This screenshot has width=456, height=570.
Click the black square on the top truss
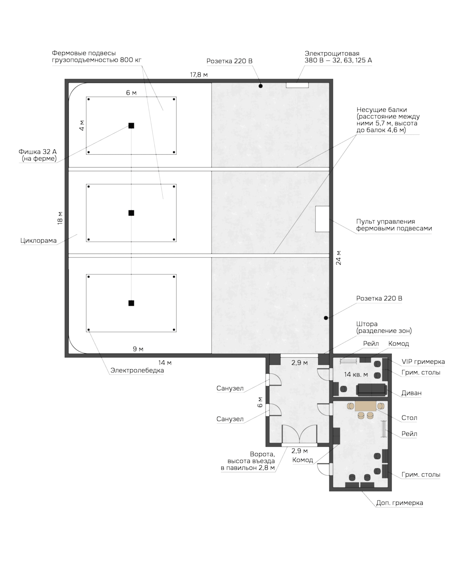(x=131, y=126)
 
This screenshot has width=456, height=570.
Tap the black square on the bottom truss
(x=131, y=303)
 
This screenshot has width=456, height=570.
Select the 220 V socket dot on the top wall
(x=260, y=86)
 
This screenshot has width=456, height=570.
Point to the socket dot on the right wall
(x=326, y=318)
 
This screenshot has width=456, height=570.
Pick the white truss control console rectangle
(x=322, y=219)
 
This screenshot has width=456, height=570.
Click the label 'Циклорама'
(x=39, y=241)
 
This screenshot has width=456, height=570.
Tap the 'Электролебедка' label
(x=137, y=370)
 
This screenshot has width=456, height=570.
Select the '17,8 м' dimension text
(x=199, y=75)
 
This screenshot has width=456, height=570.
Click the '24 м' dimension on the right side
(x=339, y=258)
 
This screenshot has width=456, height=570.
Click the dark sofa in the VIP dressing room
(x=371, y=390)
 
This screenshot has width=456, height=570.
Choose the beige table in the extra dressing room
(x=366, y=406)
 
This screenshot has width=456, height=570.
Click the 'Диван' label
(x=411, y=393)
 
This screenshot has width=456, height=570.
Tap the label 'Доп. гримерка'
(x=399, y=503)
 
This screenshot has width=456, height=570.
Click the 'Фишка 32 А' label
(x=38, y=152)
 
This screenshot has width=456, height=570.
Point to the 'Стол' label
(x=409, y=418)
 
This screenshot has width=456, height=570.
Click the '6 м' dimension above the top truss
(x=131, y=93)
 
